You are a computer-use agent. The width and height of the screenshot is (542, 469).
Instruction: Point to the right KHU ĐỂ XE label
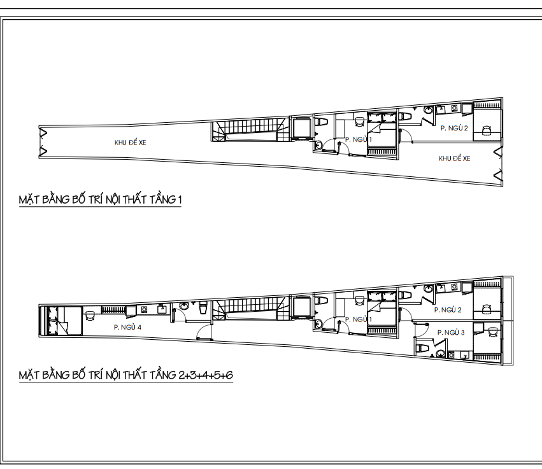(x=454, y=158)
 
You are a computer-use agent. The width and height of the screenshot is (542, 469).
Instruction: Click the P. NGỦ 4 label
(x=127, y=326)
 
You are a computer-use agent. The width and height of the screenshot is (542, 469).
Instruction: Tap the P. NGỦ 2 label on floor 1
(x=454, y=129)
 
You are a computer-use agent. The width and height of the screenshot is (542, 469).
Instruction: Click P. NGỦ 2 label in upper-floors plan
(x=447, y=310)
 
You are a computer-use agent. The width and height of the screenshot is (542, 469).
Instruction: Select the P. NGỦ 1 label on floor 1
(x=358, y=139)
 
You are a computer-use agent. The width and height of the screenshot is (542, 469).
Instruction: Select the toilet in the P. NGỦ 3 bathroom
(x=422, y=348)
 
